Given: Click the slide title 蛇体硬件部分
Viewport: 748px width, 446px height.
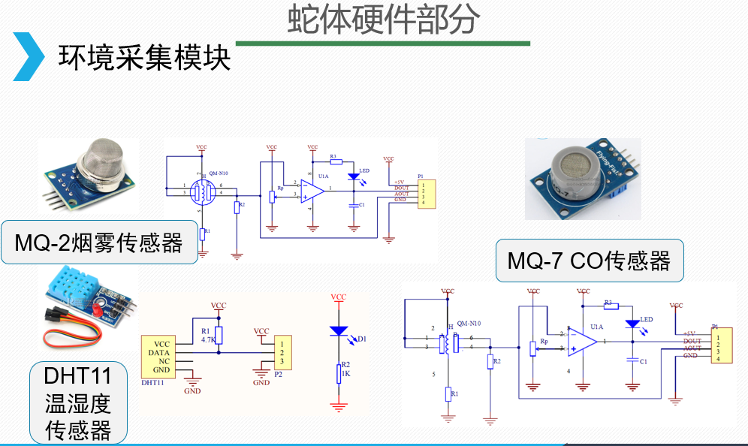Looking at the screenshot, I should tap(382, 20).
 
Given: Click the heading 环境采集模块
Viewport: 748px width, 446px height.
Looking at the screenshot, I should tap(144, 58).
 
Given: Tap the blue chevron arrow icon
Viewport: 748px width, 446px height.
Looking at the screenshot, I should tap(29, 56).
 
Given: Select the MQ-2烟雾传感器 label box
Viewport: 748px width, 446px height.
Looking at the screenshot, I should tap(99, 243).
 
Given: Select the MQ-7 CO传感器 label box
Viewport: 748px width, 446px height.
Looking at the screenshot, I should tap(589, 261).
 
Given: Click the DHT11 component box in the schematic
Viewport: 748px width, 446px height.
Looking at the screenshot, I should tap(159, 355).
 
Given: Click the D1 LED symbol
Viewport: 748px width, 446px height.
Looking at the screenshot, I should tap(339, 330).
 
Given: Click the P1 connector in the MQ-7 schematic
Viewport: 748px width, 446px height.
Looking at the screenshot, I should tap(719, 346).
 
